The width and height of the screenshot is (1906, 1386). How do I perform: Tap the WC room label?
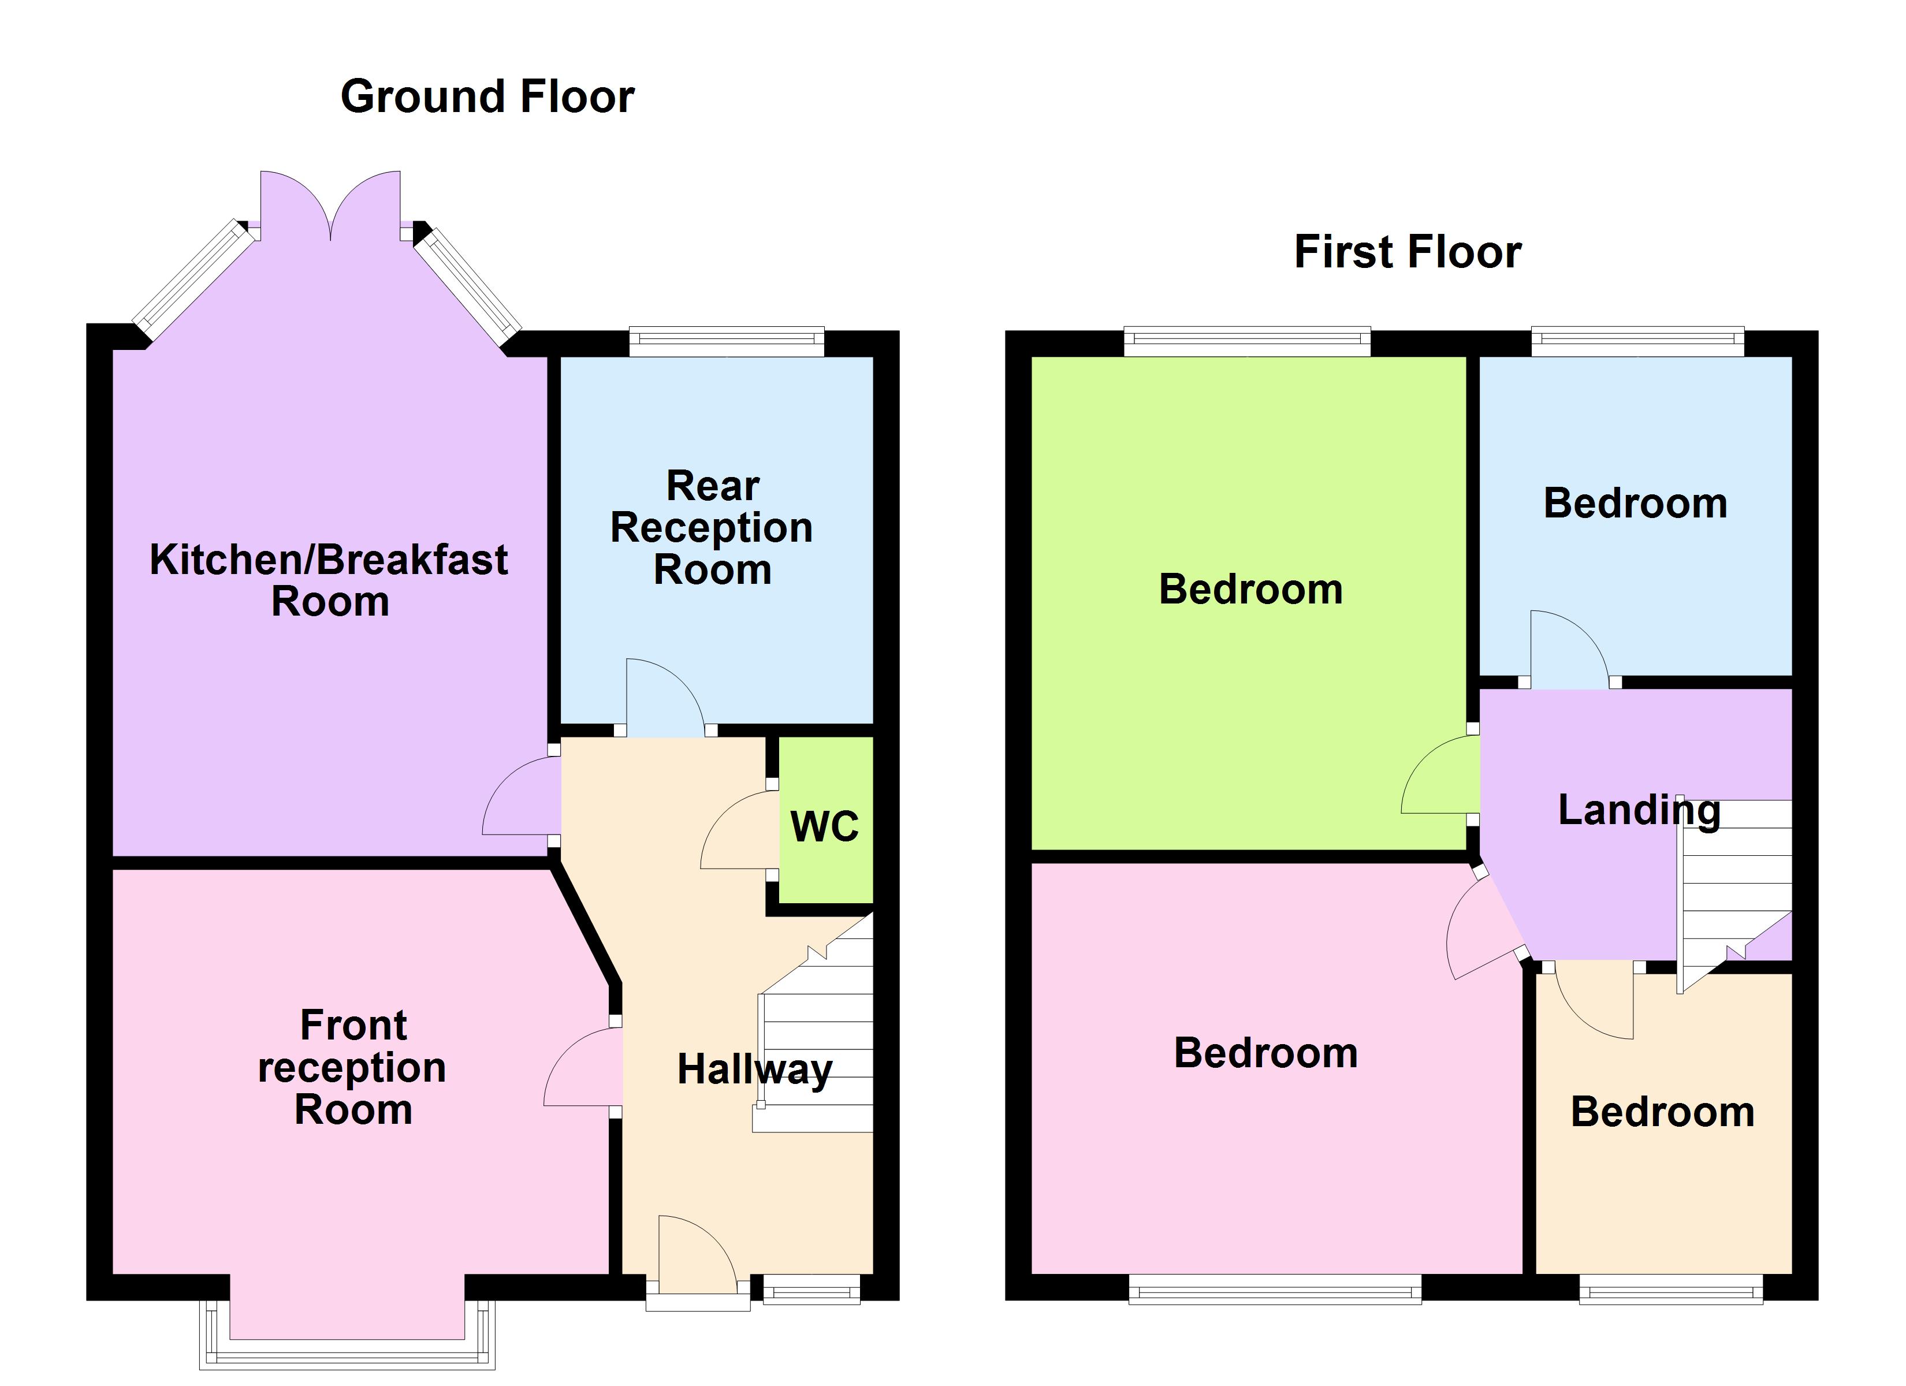[x=824, y=827]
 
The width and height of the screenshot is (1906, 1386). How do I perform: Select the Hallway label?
[x=754, y=1070]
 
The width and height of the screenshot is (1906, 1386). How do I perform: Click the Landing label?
[x=1639, y=810]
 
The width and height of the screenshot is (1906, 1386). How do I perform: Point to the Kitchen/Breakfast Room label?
[x=329, y=580]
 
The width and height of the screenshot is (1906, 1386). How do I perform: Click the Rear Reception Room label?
[x=712, y=527]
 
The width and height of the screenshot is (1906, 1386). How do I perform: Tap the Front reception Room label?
[x=353, y=1067]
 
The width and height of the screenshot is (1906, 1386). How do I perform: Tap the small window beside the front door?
[x=811, y=1288]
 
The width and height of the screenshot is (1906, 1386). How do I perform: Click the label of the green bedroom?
[x=1250, y=589]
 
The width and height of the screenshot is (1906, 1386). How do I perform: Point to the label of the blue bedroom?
[x=1635, y=504]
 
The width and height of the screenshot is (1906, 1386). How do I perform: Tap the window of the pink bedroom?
[x=1275, y=1288]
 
